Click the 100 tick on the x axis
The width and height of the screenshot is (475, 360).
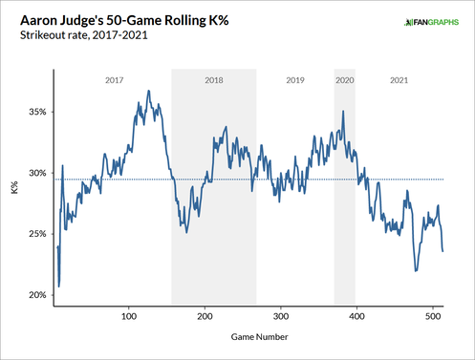coord(129,314)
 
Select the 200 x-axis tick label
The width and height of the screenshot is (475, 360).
coord(205,314)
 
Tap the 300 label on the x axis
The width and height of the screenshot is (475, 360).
coord(280,314)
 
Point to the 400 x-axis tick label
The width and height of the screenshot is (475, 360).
coord(356,314)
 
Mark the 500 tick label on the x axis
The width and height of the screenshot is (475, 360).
coord(431,314)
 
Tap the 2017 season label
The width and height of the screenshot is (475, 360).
coord(114,80)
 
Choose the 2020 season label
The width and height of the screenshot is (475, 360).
coord(345,80)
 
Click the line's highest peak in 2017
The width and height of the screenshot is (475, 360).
coord(148,91)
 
